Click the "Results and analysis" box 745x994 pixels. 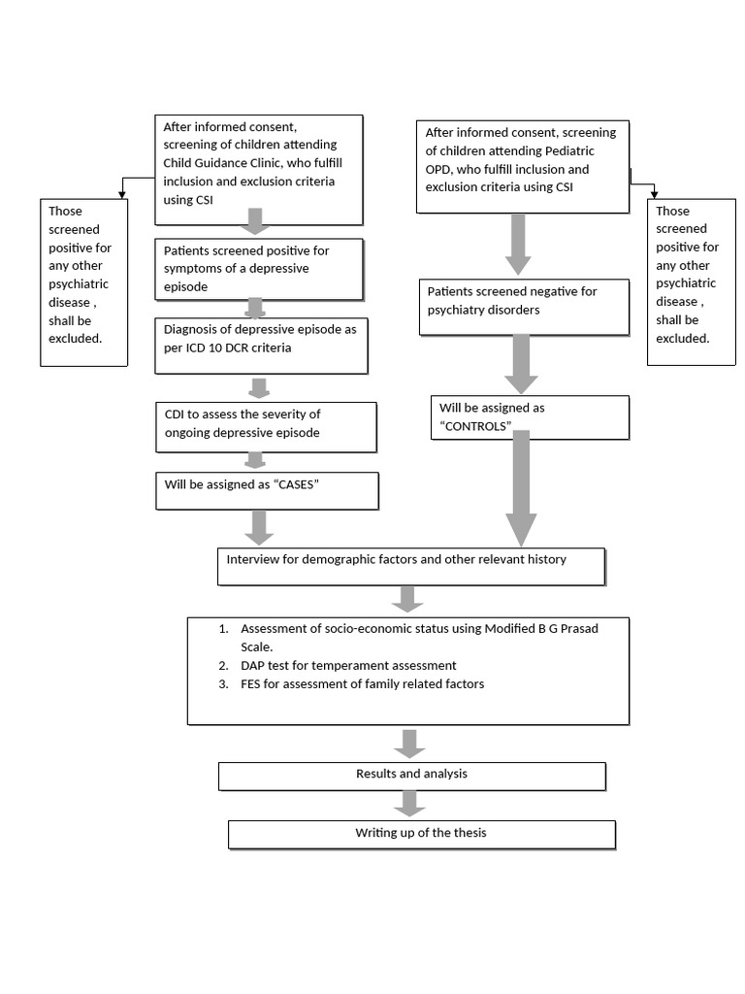[x=411, y=776]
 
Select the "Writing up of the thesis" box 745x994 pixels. [x=421, y=834]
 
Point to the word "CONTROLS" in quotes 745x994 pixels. [x=475, y=426]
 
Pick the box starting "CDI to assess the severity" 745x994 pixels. [x=265, y=426]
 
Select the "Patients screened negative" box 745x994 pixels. [x=523, y=307]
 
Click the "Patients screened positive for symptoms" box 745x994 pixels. [x=259, y=269]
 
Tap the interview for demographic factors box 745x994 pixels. [x=410, y=566]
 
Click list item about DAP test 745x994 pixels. [x=349, y=666]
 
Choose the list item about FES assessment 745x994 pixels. [x=362, y=684]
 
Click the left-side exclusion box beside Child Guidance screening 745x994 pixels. [x=83, y=282]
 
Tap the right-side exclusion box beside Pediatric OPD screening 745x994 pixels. [x=691, y=282]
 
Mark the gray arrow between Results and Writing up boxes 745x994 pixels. [x=409, y=803]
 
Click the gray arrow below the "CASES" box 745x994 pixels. [x=258, y=526]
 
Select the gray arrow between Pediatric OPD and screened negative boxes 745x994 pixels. [x=518, y=244]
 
